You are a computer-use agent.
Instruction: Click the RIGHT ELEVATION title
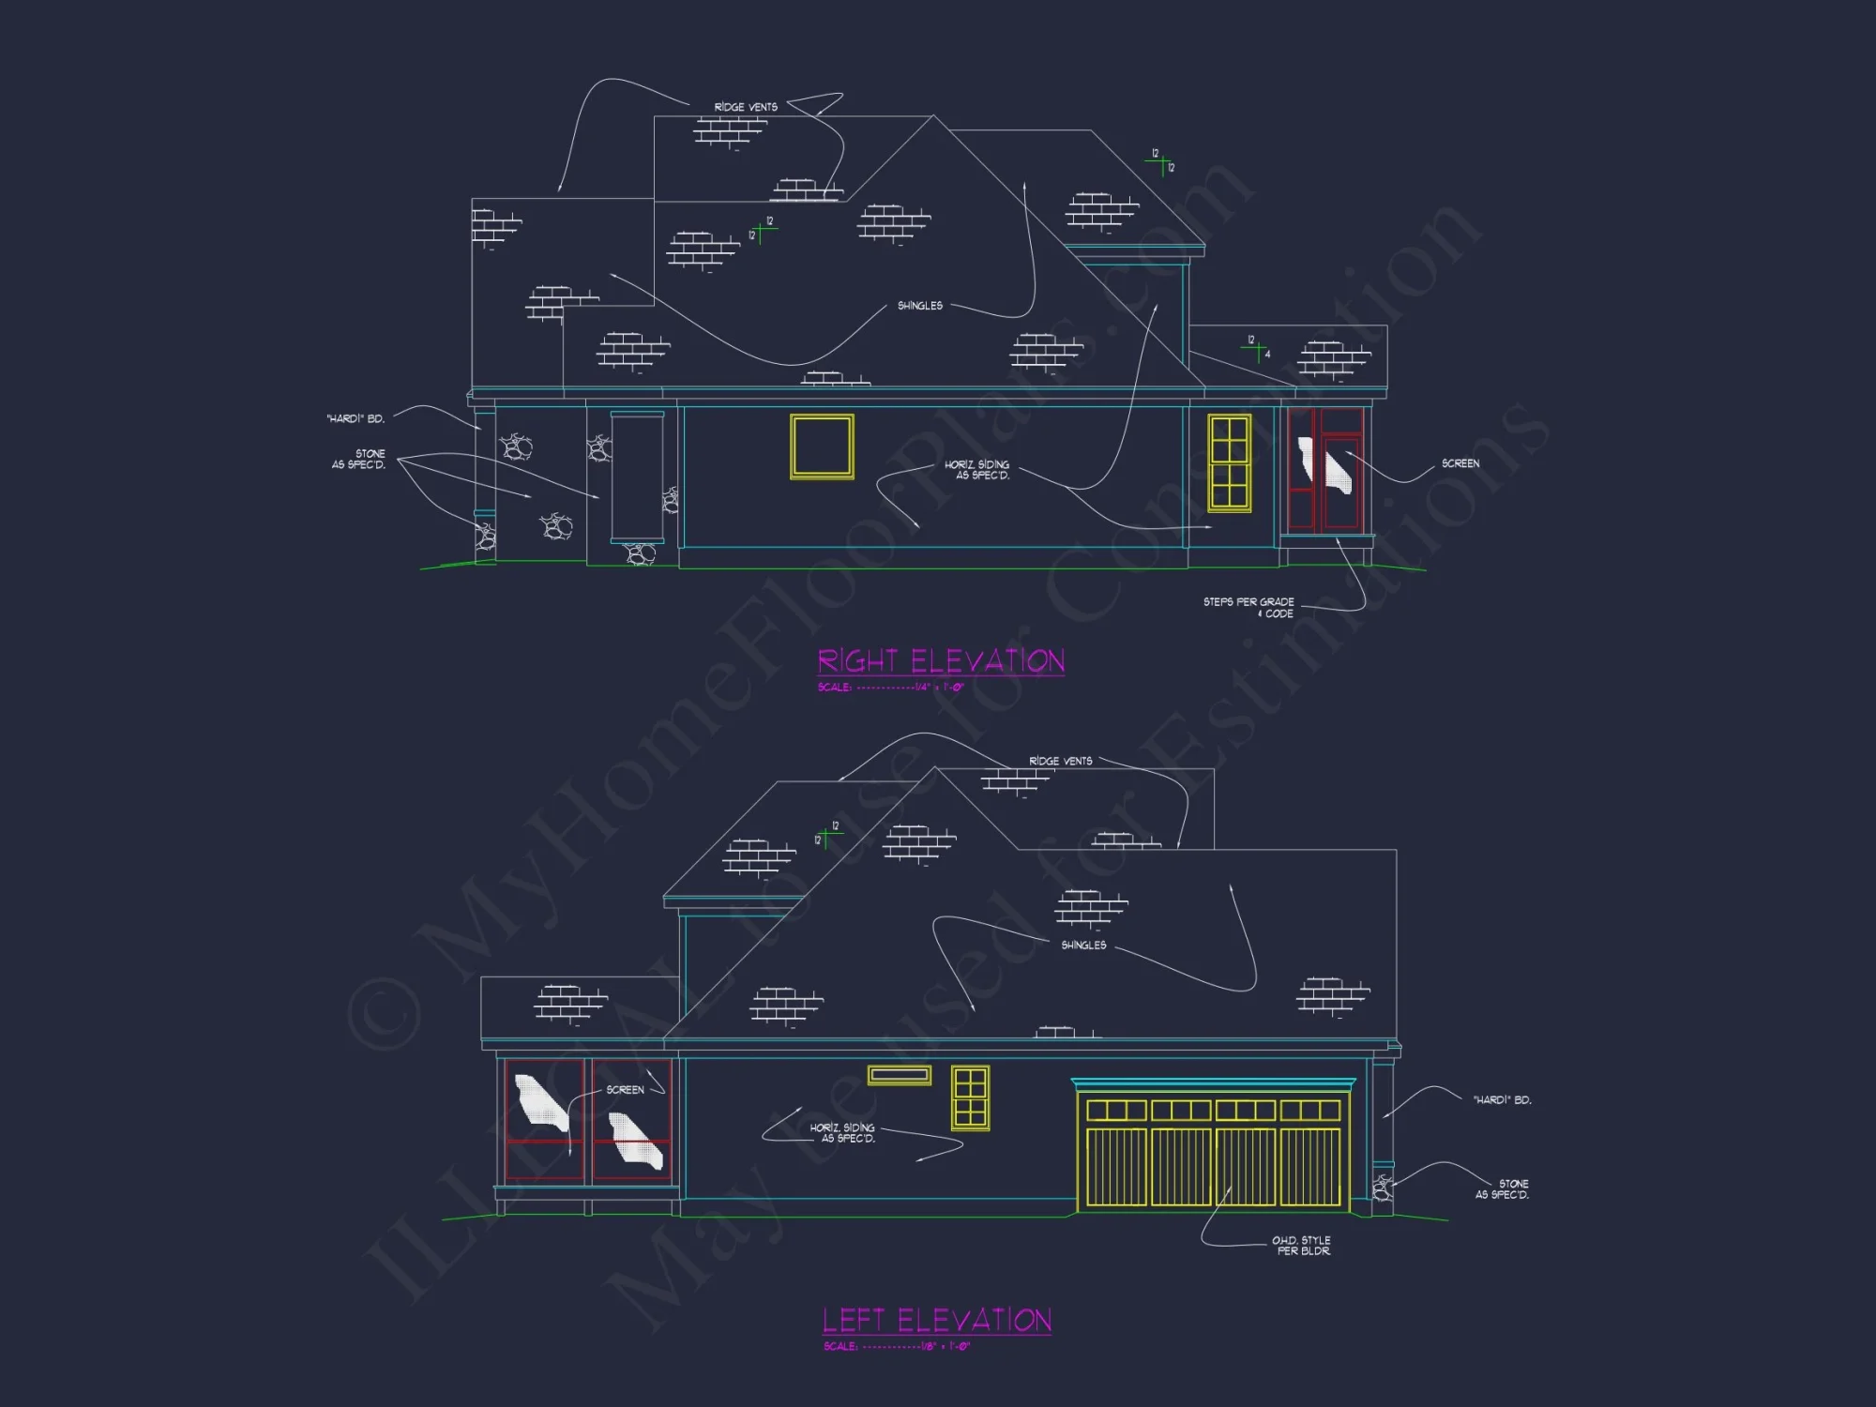pos(941,661)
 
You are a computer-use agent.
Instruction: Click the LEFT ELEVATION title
pos(937,1321)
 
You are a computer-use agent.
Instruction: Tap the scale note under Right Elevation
pos(890,688)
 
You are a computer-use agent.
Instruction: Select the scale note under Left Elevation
pos(897,1347)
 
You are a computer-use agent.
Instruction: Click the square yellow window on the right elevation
pos(822,446)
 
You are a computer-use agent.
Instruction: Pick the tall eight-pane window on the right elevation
pos(1229,462)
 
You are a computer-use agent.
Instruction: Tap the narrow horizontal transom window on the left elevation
pos(899,1075)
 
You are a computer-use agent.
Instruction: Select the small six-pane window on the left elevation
pos(970,1097)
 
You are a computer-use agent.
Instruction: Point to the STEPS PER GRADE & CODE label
pos(1248,608)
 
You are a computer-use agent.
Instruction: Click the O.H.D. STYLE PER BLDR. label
pos(1302,1246)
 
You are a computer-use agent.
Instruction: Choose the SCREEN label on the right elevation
pos(1460,463)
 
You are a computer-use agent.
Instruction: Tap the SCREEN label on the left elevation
pos(625,1090)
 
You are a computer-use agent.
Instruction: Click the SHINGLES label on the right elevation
pos(919,306)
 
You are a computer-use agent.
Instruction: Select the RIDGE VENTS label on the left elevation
pos(1060,761)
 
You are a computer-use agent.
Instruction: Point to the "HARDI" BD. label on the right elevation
pos(356,418)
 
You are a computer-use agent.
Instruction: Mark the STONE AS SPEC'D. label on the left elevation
pos(1503,1189)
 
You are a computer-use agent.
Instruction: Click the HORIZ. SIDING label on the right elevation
pos(977,470)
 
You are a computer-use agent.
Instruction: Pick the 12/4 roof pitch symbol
pos(1258,347)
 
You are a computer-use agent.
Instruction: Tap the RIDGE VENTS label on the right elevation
pos(746,107)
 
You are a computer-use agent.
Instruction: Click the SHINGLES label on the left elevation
pos(1083,946)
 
